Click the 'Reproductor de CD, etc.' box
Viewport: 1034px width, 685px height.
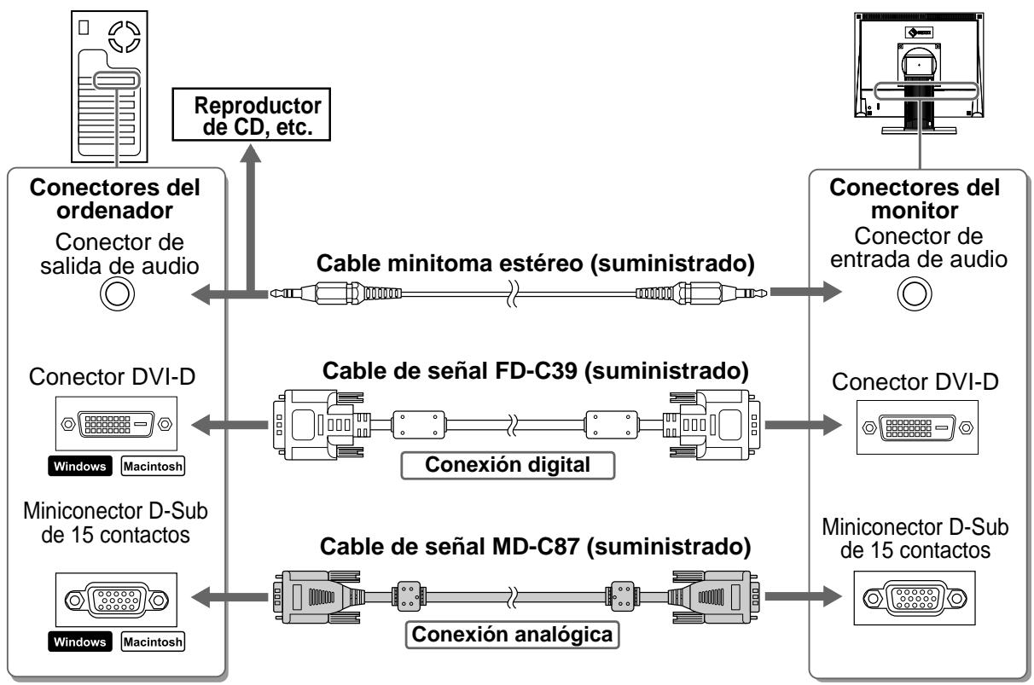[251, 114]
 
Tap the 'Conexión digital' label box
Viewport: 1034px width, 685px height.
[508, 465]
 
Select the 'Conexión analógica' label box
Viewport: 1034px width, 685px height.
[512, 635]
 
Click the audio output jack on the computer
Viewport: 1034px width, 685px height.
[117, 293]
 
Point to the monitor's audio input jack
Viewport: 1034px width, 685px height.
[915, 293]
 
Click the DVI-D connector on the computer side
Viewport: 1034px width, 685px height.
[116, 424]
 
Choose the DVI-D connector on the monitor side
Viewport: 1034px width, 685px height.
[917, 427]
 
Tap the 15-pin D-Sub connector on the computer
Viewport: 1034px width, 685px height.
[116, 600]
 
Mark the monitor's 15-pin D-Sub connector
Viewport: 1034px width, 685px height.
[915, 598]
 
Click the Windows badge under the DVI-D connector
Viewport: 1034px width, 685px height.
[80, 467]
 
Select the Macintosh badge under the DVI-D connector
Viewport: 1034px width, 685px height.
[153, 467]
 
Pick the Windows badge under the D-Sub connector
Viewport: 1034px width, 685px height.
[80, 641]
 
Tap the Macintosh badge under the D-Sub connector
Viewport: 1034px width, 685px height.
[153, 641]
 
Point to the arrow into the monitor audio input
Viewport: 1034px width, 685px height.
[805, 292]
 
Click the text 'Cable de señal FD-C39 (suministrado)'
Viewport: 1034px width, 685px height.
[536, 371]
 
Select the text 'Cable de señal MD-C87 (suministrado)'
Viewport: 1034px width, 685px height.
[536, 547]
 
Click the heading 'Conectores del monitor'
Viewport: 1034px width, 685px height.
[915, 199]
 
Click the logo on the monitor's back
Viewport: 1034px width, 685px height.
[919, 32]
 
